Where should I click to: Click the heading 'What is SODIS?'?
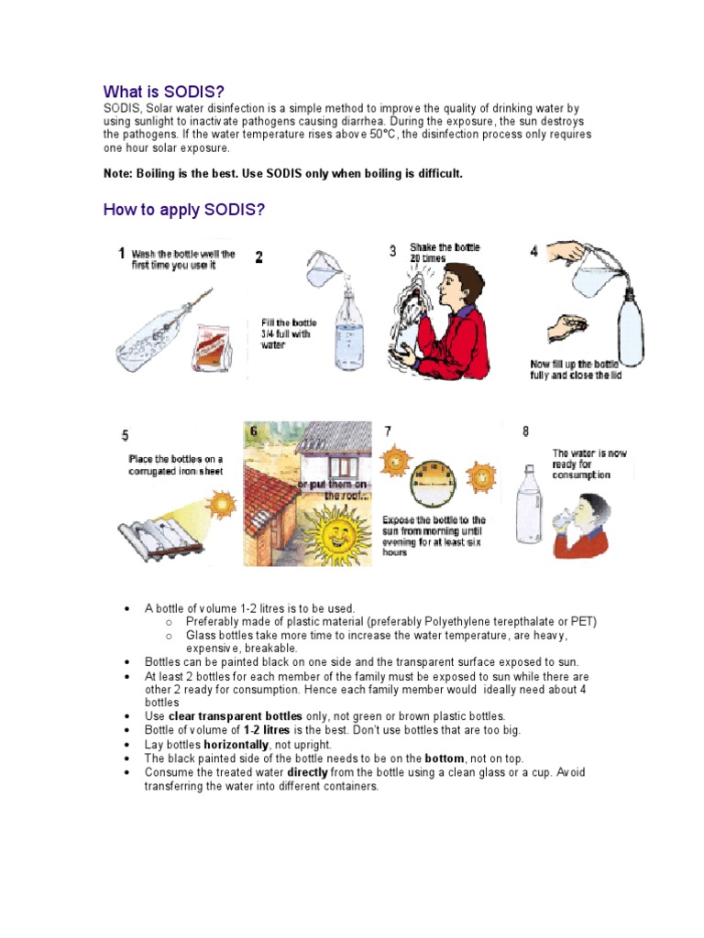point(163,92)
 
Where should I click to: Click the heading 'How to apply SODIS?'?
point(184,210)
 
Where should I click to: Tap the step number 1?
point(122,253)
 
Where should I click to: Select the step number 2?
point(258,258)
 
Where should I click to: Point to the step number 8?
point(525,431)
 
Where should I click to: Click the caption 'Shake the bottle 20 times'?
point(445,253)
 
